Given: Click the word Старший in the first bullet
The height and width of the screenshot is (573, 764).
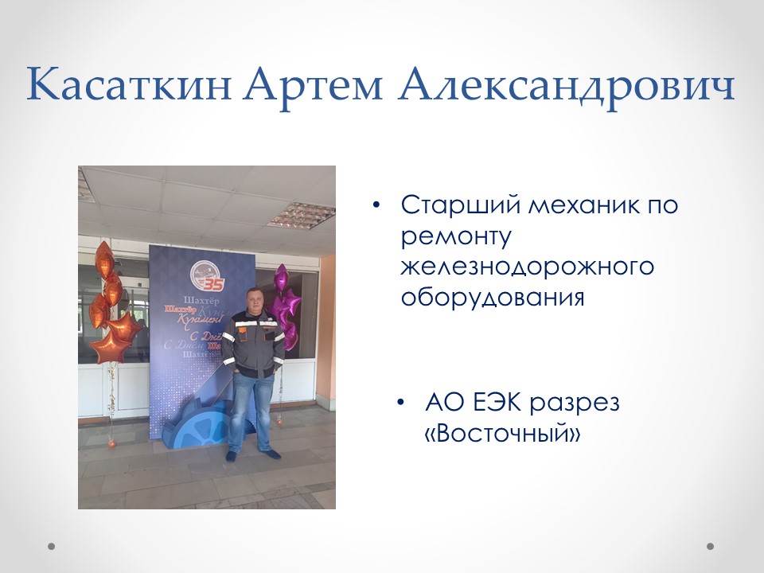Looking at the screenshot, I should click(x=460, y=205).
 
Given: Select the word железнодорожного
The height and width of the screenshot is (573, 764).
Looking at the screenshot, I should click(x=527, y=267).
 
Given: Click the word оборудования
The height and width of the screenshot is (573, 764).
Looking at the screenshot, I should click(x=493, y=297).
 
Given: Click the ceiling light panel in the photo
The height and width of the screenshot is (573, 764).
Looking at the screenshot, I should click(x=302, y=213).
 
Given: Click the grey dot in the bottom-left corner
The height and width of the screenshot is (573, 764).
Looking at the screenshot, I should click(x=52, y=547).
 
